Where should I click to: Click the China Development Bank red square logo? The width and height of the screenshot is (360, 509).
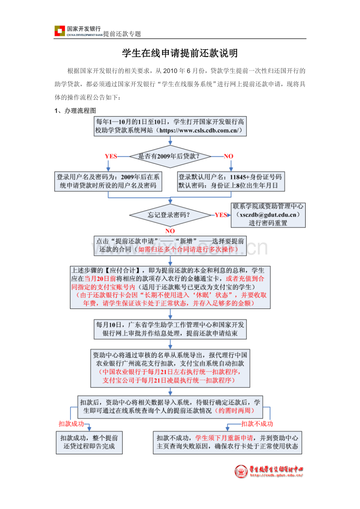click(60, 30)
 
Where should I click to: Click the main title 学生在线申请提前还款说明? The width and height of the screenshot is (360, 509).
click(180, 53)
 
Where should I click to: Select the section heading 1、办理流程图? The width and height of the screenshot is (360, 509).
click(75, 111)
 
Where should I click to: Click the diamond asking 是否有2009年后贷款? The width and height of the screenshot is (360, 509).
click(170, 156)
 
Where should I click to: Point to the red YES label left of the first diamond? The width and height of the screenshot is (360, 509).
click(111, 156)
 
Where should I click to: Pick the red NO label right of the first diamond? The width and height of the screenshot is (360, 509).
click(229, 156)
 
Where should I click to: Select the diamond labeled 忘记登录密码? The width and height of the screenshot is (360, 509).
click(170, 215)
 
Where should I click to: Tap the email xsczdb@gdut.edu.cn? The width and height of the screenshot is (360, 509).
click(268, 215)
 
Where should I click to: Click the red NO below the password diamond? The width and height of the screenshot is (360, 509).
click(170, 231)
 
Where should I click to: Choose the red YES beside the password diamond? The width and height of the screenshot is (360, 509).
click(221, 215)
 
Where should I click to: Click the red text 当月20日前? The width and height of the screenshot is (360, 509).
click(100, 279)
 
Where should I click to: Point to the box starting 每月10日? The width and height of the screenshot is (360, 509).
click(170, 329)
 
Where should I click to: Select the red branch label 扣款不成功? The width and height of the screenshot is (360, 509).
click(257, 423)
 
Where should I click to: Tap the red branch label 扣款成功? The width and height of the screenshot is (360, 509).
click(71, 423)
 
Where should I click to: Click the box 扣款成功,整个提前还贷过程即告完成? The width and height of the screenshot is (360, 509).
click(89, 443)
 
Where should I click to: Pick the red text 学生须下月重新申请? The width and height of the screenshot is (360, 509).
click(224, 438)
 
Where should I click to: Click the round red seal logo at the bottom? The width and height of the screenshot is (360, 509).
click(241, 471)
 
